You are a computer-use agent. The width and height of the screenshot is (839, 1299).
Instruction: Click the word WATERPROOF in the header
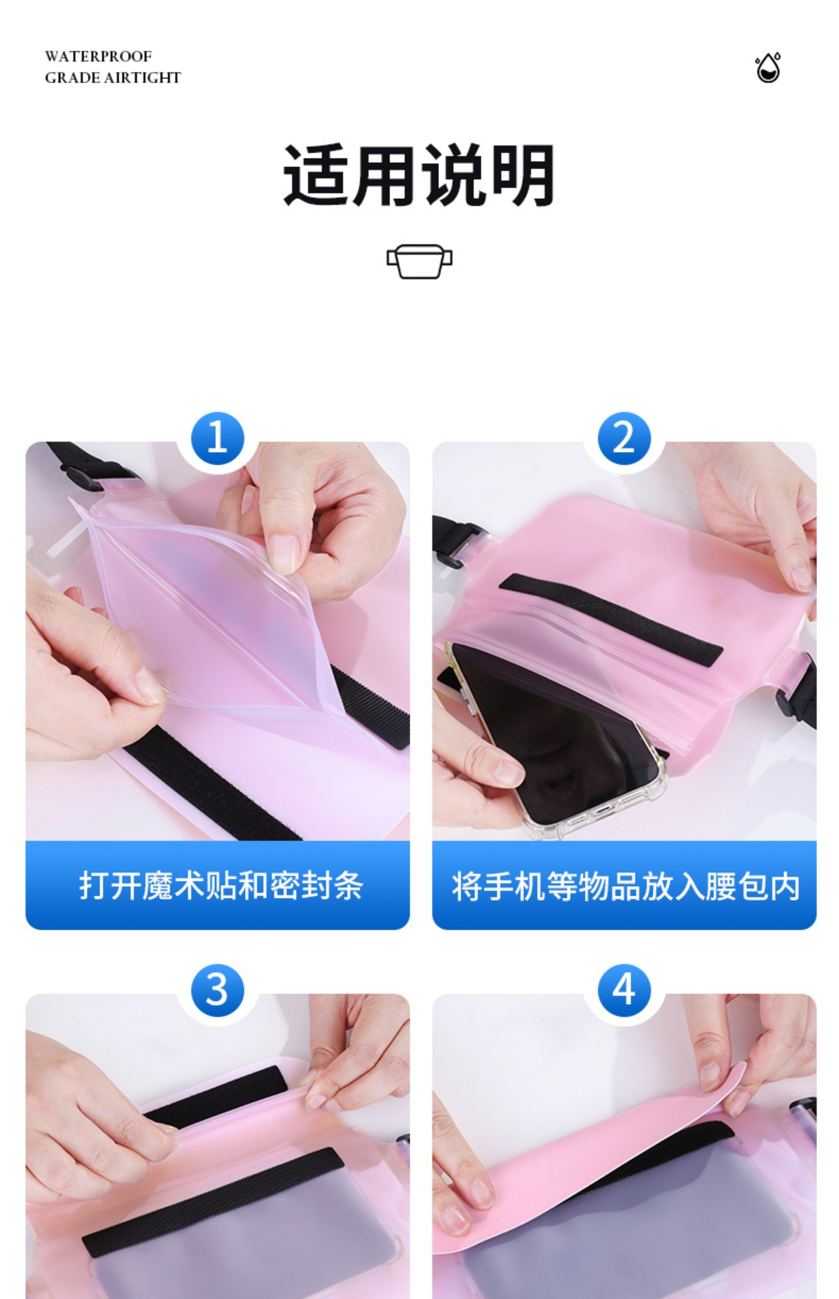tap(98, 56)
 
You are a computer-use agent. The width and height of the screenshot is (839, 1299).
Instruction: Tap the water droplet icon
tap(768, 68)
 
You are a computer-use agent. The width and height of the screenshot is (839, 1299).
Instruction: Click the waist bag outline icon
tap(419, 261)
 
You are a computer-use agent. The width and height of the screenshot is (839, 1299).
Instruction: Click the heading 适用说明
tap(419, 175)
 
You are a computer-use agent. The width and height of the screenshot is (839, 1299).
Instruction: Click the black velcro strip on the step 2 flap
tap(611, 620)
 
